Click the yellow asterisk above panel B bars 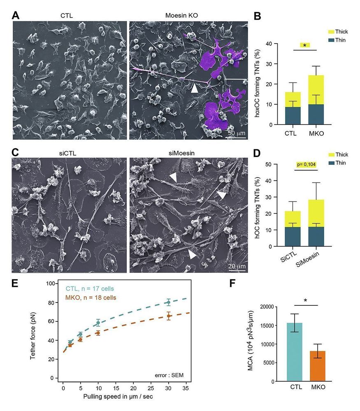tap(304, 45)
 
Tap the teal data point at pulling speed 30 tap(168, 302)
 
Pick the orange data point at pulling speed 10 tap(98, 333)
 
